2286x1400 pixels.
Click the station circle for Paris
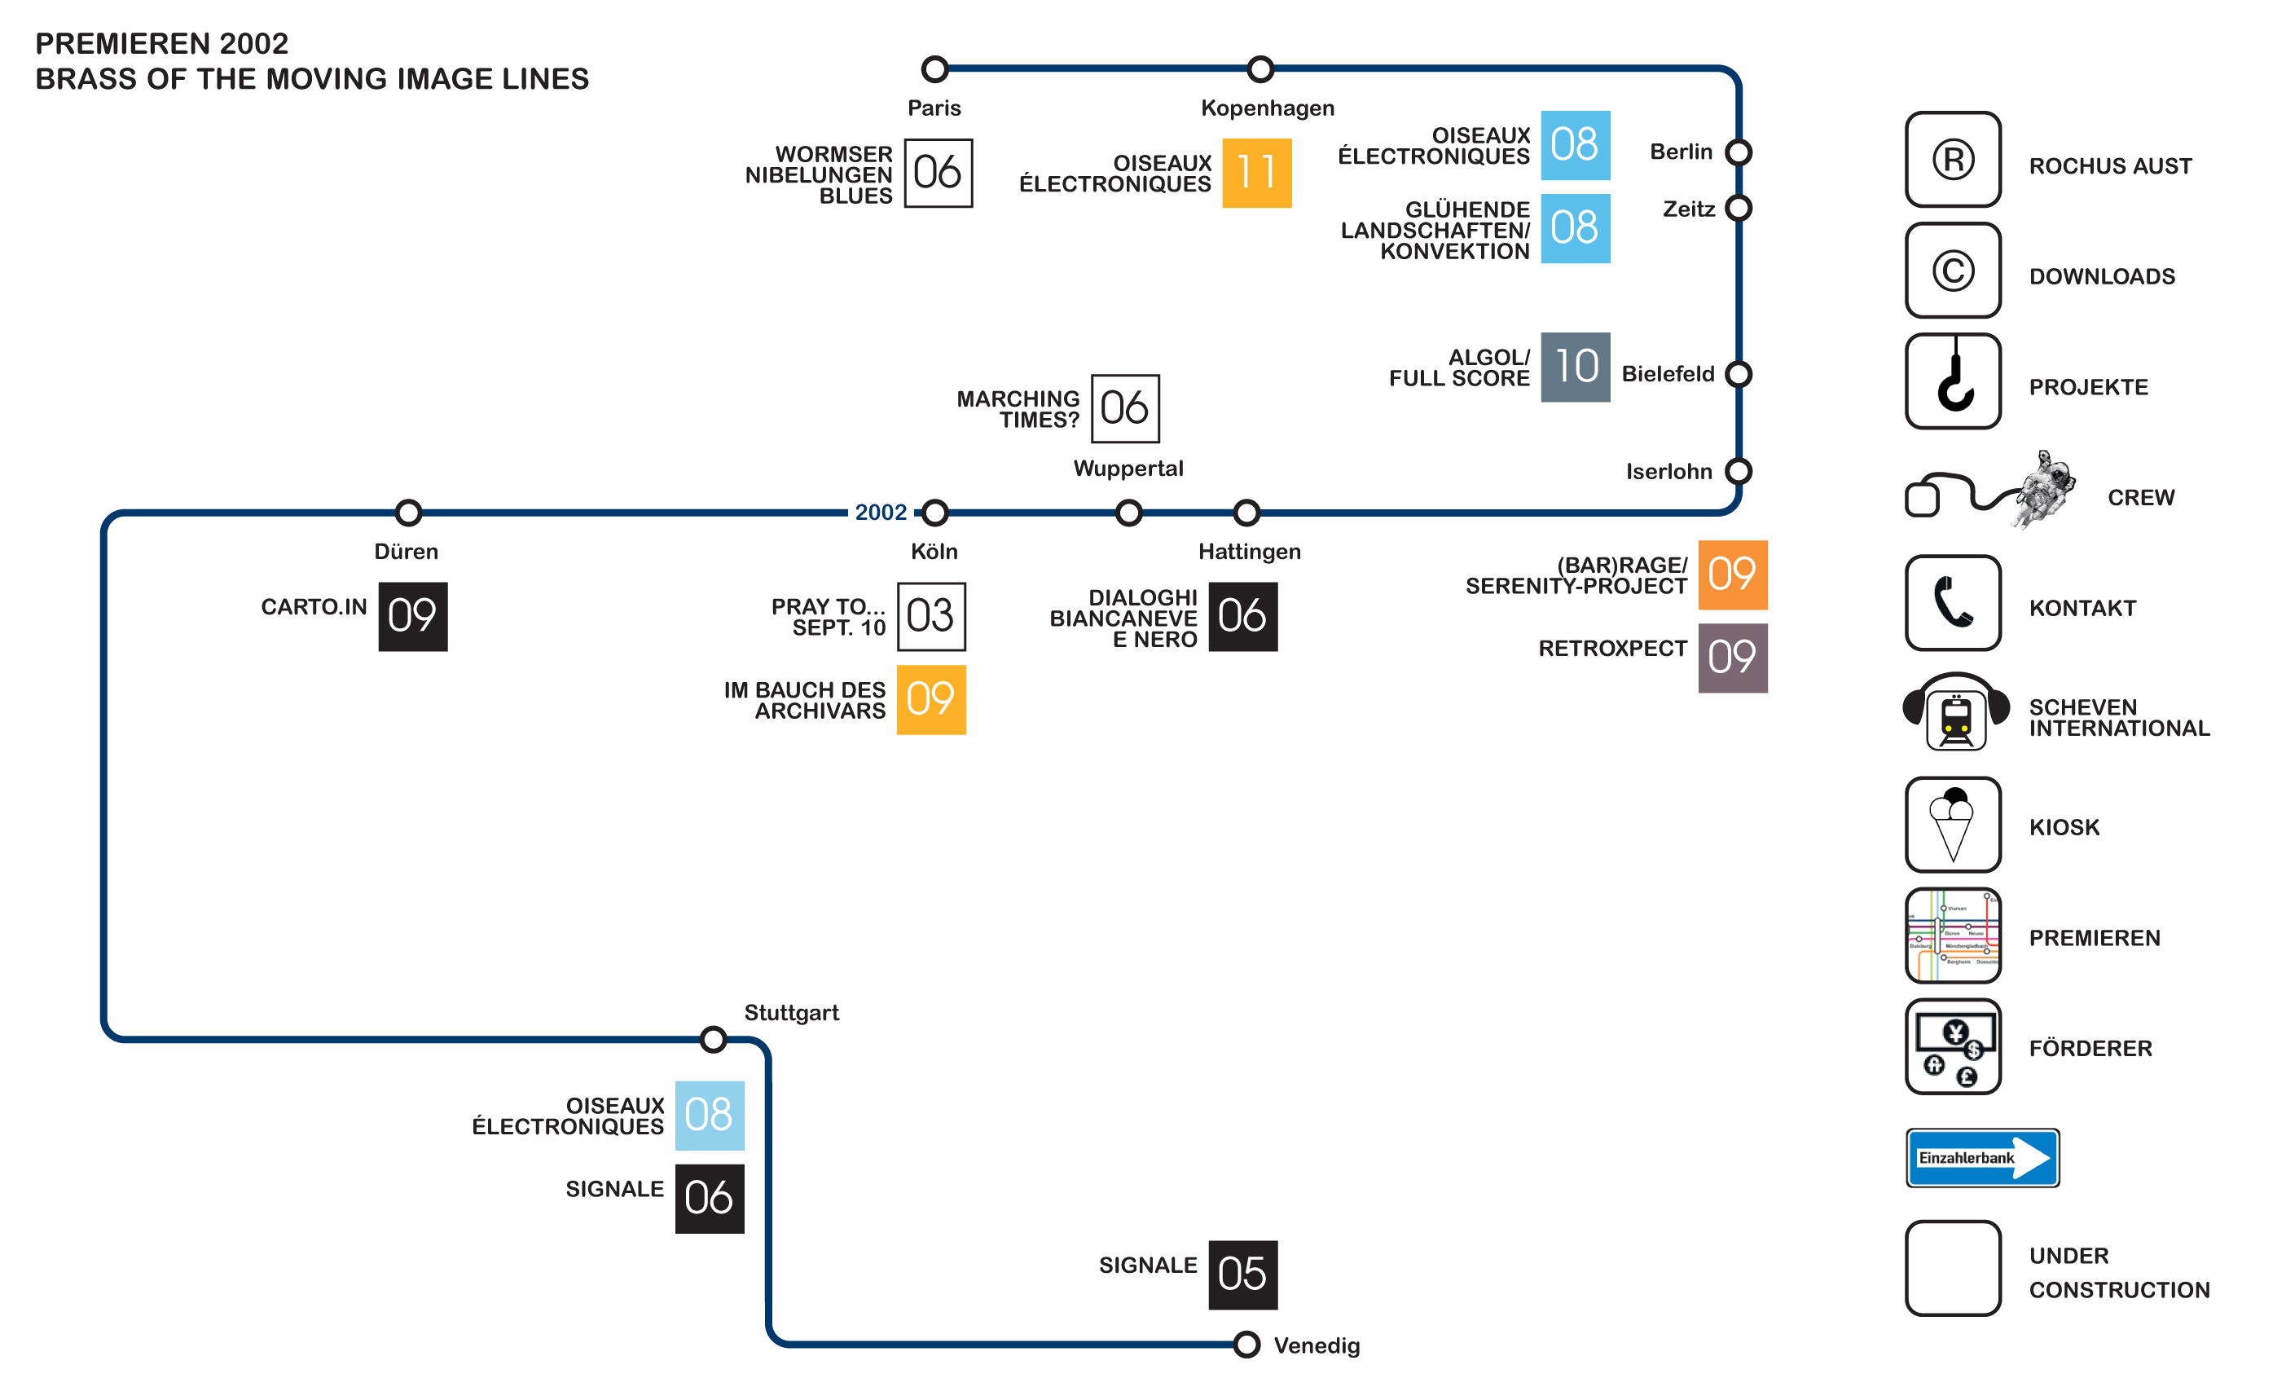(935, 68)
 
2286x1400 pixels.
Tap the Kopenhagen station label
(1268, 108)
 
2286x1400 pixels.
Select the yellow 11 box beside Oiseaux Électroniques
(1257, 174)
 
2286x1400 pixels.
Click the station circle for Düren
(409, 512)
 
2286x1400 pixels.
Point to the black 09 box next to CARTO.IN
(413, 617)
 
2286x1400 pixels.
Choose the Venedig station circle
(1247, 1345)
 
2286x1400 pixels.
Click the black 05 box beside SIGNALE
(1243, 1275)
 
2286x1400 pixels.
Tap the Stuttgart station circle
(714, 1039)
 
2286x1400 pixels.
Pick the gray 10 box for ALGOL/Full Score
(1576, 368)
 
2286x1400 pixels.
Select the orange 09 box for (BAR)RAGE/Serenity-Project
(1733, 575)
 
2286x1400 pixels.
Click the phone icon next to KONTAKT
(1953, 603)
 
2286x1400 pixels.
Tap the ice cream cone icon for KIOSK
(1953, 825)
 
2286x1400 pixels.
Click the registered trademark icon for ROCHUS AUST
(1953, 160)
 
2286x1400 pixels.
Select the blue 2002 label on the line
(881, 512)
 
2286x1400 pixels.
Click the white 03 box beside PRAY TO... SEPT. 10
(931, 617)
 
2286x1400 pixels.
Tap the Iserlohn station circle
(1739, 471)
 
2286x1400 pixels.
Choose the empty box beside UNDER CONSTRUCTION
(1953, 1268)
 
